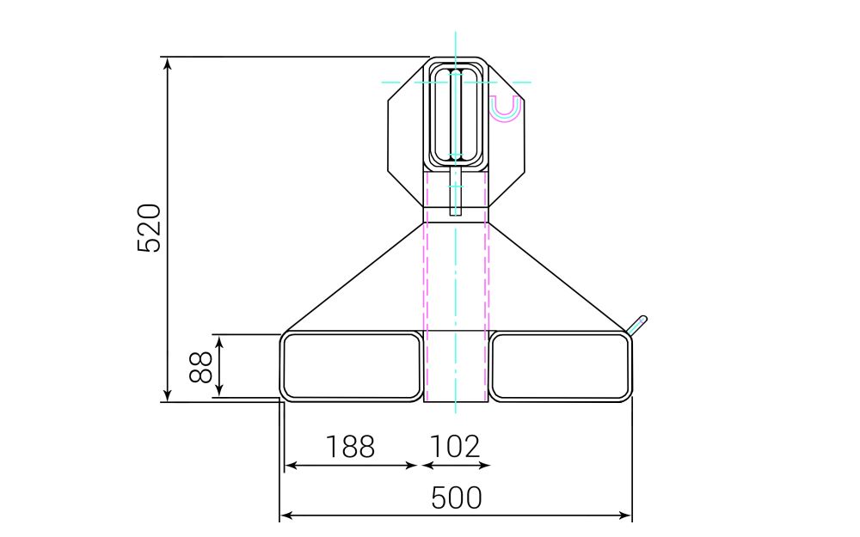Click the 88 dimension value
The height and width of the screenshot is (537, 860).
click(x=201, y=366)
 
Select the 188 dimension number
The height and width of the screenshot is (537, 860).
click(x=350, y=447)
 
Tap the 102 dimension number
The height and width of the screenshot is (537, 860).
click(x=454, y=447)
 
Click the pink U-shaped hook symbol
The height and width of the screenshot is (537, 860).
click(x=505, y=109)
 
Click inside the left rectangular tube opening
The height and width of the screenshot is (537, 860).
click(x=353, y=366)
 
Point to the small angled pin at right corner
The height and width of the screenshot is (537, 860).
click(x=638, y=324)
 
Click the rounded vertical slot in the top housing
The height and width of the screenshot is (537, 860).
click(x=456, y=116)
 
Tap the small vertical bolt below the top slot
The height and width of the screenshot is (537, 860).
click(x=456, y=191)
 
